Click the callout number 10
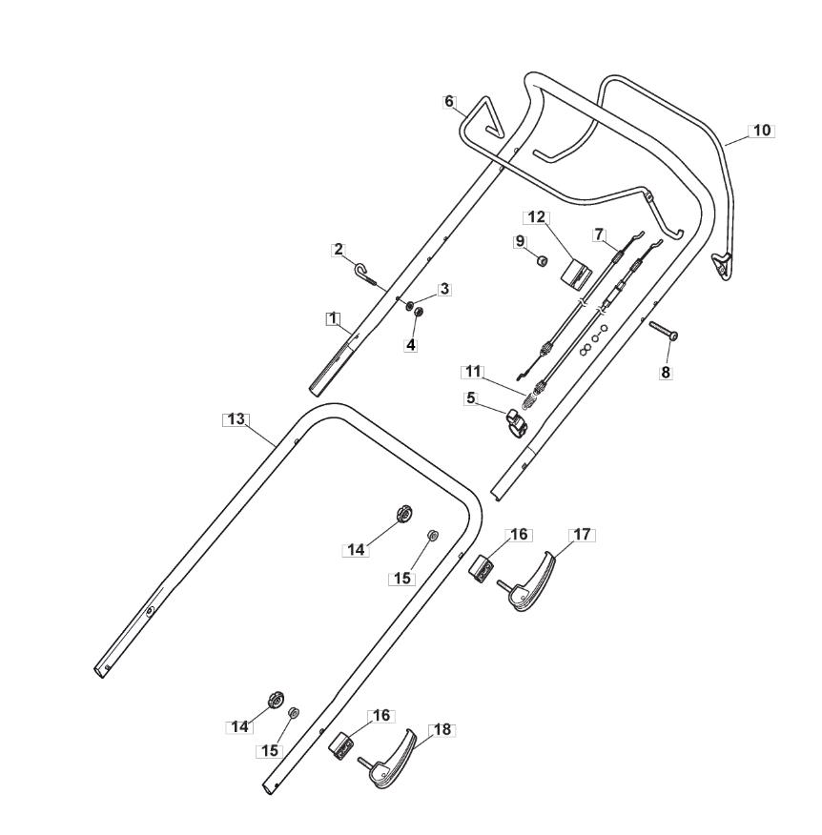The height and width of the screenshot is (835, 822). (x=761, y=131)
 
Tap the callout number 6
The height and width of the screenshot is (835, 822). (x=450, y=101)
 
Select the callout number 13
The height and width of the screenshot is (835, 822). (x=235, y=419)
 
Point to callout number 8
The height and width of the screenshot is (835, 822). (x=665, y=374)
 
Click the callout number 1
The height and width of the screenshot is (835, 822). (x=332, y=319)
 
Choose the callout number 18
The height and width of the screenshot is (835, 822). (x=442, y=729)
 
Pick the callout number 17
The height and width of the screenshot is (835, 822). (x=581, y=535)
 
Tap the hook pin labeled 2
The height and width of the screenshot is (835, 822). (x=367, y=277)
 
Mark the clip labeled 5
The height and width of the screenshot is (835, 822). (x=516, y=420)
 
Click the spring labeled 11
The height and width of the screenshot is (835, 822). (x=530, y=392)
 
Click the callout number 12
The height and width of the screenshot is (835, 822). (x=536, y=217)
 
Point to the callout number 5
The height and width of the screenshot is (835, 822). (x=470, y=398)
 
